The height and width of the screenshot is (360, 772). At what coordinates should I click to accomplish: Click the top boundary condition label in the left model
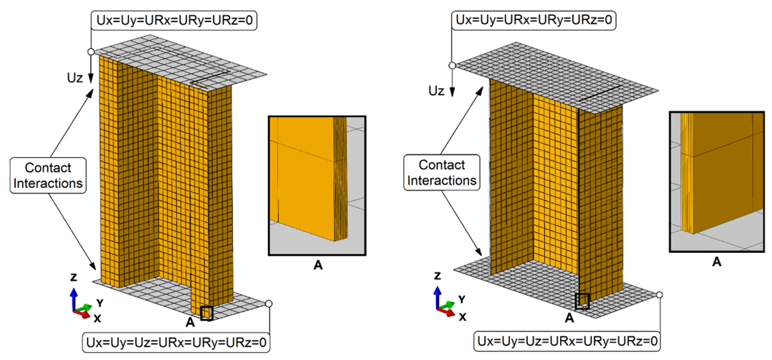174,21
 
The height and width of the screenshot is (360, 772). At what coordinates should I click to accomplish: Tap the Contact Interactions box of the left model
48,175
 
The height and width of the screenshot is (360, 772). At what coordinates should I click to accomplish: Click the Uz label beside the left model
75,78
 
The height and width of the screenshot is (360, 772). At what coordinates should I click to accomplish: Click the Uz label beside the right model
436,91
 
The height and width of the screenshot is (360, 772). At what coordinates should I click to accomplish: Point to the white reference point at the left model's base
269,304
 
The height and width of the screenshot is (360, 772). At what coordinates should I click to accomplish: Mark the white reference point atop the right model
452,65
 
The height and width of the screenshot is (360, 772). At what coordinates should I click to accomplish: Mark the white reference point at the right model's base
659,295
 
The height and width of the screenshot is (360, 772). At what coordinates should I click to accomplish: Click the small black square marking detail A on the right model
582,301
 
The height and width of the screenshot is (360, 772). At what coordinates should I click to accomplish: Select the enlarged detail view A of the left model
317,186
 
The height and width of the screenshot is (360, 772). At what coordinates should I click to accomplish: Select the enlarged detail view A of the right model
717,182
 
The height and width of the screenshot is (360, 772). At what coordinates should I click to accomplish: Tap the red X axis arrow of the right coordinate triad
447,312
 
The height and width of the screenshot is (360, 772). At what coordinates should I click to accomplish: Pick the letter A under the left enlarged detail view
318,265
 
